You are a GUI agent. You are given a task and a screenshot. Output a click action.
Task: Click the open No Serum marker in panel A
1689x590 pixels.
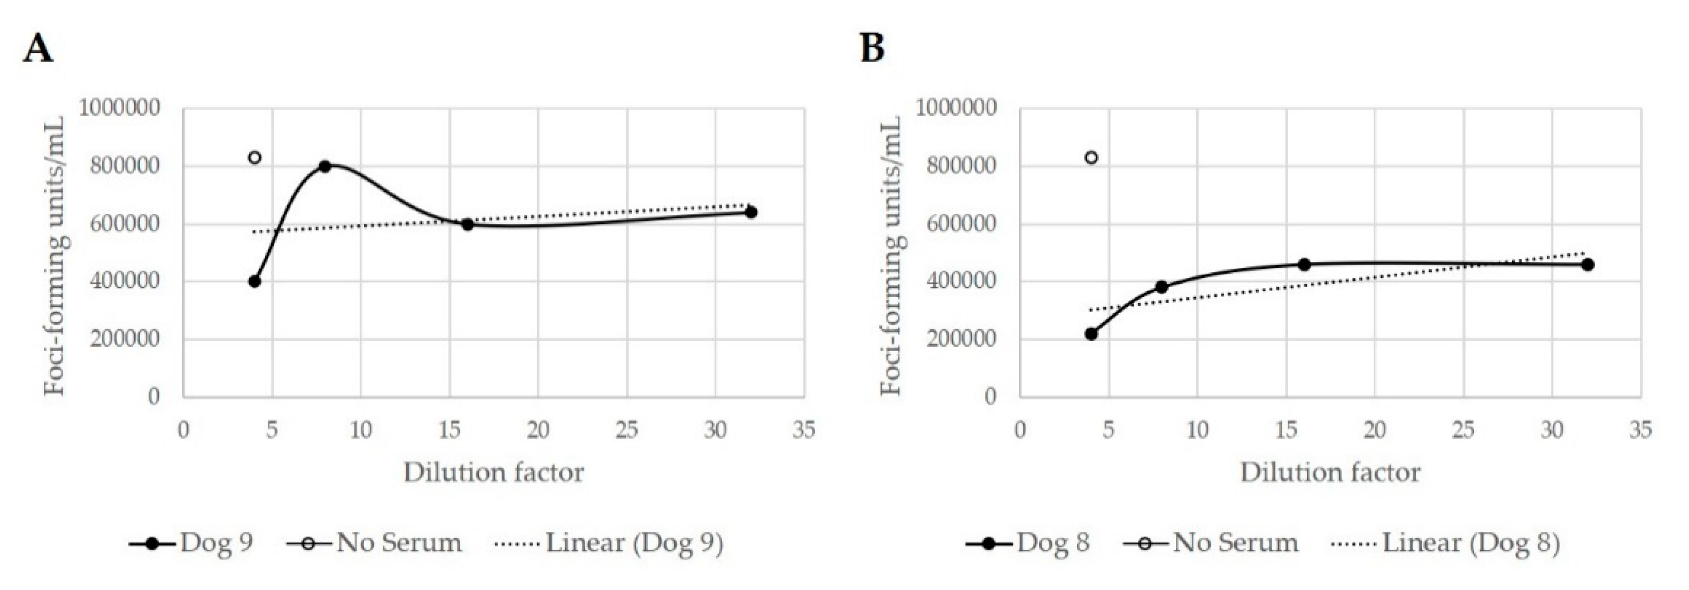point(254,157)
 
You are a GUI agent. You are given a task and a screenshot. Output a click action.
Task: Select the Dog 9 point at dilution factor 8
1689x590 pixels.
point(324,166)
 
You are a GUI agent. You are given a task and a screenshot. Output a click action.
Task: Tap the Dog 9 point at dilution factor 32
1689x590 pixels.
point(751,212)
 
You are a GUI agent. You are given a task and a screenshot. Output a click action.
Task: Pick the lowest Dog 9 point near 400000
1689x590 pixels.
point(254,281)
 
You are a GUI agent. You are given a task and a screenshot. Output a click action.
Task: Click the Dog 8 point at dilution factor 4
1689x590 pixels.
point(1091,333)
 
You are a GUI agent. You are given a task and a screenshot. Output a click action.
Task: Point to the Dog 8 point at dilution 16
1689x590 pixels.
point(1304,264)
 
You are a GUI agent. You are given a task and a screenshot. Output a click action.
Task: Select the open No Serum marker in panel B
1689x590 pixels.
point(1091,157)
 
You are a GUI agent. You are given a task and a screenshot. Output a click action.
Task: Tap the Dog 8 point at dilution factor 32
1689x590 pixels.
point(1587,264)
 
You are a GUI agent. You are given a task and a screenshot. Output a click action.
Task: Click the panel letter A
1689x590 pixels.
point(37,49)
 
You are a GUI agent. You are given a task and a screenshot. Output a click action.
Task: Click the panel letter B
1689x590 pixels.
point(872,49)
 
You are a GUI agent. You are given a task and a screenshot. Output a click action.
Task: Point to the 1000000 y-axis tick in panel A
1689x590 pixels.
point(119,108)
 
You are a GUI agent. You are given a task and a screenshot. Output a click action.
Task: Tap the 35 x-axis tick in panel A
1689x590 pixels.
point(804,431)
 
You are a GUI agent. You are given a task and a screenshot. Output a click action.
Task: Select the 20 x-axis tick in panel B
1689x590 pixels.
point(1375,431)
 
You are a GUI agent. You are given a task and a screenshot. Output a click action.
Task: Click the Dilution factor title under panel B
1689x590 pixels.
point(1330,472)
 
